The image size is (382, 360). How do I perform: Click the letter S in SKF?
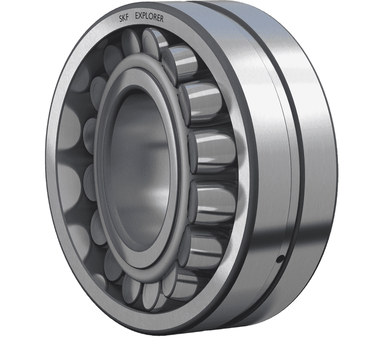[x=121, y=19]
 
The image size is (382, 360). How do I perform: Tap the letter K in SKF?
[x=124, y=18]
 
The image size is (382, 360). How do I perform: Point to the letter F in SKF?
[x=127, y=17]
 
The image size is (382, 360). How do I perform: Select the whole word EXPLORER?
[x=149, y=17]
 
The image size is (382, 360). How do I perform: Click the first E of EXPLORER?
[x=137, y=15]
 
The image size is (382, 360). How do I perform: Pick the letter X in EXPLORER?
[x=140, y=16]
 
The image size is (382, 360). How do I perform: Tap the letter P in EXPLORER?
[x=144, y=16]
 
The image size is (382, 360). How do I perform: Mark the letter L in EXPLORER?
[x=147, y=16]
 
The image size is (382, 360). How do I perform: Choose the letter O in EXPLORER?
[x=150, y=17]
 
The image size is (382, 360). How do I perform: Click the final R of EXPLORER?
[x=162, y=19]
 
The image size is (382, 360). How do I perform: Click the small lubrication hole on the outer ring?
[x=281, y=258]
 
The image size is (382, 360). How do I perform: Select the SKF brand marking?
[x=124, y=18]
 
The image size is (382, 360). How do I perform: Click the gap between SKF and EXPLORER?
[x=132, y=16]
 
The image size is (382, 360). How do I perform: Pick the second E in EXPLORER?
[x=159, y=18]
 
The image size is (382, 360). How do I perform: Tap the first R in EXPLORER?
[x=155, y=18]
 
